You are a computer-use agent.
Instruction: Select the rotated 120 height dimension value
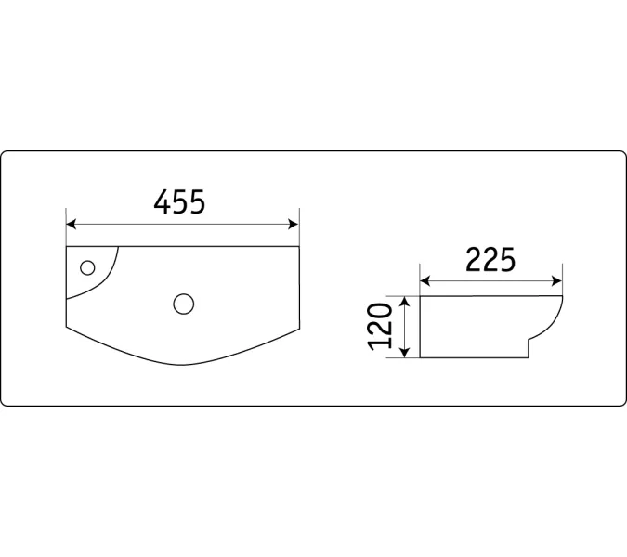[379, 327]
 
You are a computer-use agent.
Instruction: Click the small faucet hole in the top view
[88, 268]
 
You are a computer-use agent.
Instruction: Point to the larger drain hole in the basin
[183, 302]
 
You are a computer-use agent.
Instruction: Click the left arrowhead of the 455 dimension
[71, 224]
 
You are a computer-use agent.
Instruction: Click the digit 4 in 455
[161, 202]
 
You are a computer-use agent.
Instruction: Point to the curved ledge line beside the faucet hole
[109, 273]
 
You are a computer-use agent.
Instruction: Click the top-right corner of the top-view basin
[300, 246]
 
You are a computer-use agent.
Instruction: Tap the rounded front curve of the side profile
[557, 320]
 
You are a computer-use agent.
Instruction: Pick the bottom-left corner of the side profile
[421, 357]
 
